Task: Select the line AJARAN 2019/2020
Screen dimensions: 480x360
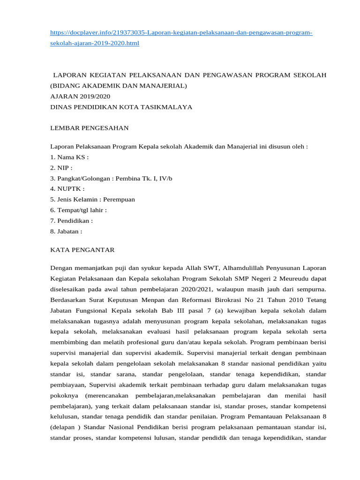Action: pos(80,97)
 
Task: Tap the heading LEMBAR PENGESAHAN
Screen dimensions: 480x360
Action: pos(89,128)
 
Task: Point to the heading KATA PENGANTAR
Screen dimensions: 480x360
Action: pos(82,250)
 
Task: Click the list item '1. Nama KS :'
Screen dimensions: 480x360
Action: pos(69,157)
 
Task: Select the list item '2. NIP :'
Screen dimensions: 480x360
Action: pos(61,168)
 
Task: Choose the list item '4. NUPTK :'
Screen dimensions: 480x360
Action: pos(67,189)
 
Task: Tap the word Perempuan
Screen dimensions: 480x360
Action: pos(119,199)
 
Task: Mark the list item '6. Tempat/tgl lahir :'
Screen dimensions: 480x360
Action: pos(78,210)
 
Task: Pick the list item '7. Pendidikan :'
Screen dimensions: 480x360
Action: pos(71,220)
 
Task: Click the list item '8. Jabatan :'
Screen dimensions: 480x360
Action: pos(66,231)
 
